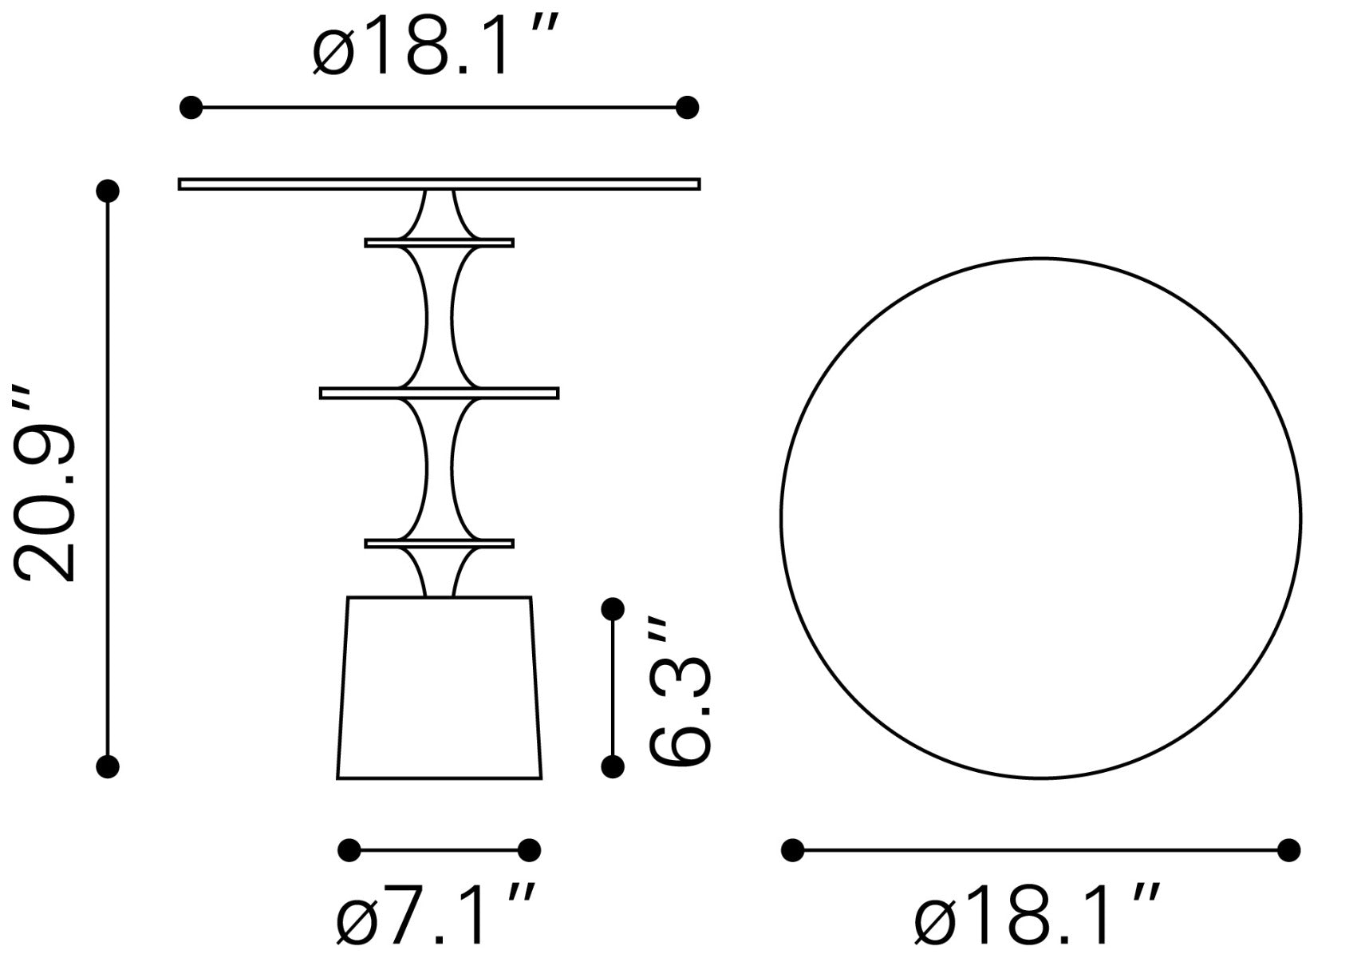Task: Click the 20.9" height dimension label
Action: [x=44, y=483]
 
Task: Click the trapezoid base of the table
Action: [x=440, y=687]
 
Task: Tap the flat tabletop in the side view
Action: [x=440, y=184]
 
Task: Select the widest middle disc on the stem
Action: [x=440, y=394]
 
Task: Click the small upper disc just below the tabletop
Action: [x=440, y=243]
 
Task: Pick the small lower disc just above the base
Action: [x=440, y=544]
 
